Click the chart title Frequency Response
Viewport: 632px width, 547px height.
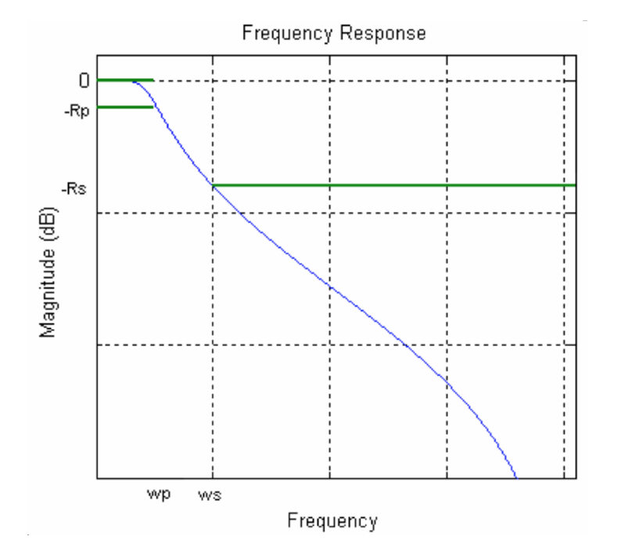coord(334,34)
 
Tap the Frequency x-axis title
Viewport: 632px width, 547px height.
coord(332,520)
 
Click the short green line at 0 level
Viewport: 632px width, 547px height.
coord(124,80)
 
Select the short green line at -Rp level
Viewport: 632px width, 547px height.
coord(124,106)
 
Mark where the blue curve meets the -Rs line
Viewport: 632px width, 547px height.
coord(213,185)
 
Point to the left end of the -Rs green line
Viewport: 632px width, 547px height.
coord(214,185)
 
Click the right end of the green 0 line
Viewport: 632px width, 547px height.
coord(152,80)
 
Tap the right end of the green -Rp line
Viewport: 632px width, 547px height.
coord(152,106)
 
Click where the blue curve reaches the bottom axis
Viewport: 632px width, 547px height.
coord(516,477)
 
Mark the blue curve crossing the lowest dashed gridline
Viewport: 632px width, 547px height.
coord(404,344)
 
